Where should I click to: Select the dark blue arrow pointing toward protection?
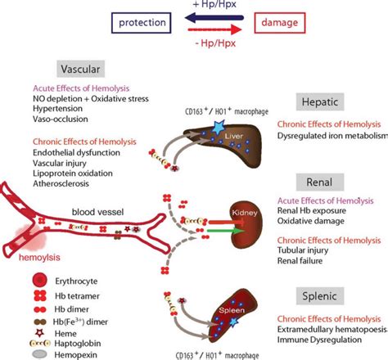214,18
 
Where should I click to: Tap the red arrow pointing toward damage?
214,29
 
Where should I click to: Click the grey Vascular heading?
80,69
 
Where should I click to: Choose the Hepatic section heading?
320,101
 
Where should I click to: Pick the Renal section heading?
320,182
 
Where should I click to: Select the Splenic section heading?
320,296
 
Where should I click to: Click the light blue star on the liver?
219,128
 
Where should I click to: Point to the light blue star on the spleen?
233,322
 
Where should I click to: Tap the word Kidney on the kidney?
245,213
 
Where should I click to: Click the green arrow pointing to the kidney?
225,231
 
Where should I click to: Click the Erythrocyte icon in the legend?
40,280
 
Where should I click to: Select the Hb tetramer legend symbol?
40,296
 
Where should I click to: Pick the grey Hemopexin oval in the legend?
39,354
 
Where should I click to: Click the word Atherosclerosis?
61,183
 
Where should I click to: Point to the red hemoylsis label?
39,258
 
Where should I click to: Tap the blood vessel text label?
97,212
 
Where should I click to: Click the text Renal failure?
300,261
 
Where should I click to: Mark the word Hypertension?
57,109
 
